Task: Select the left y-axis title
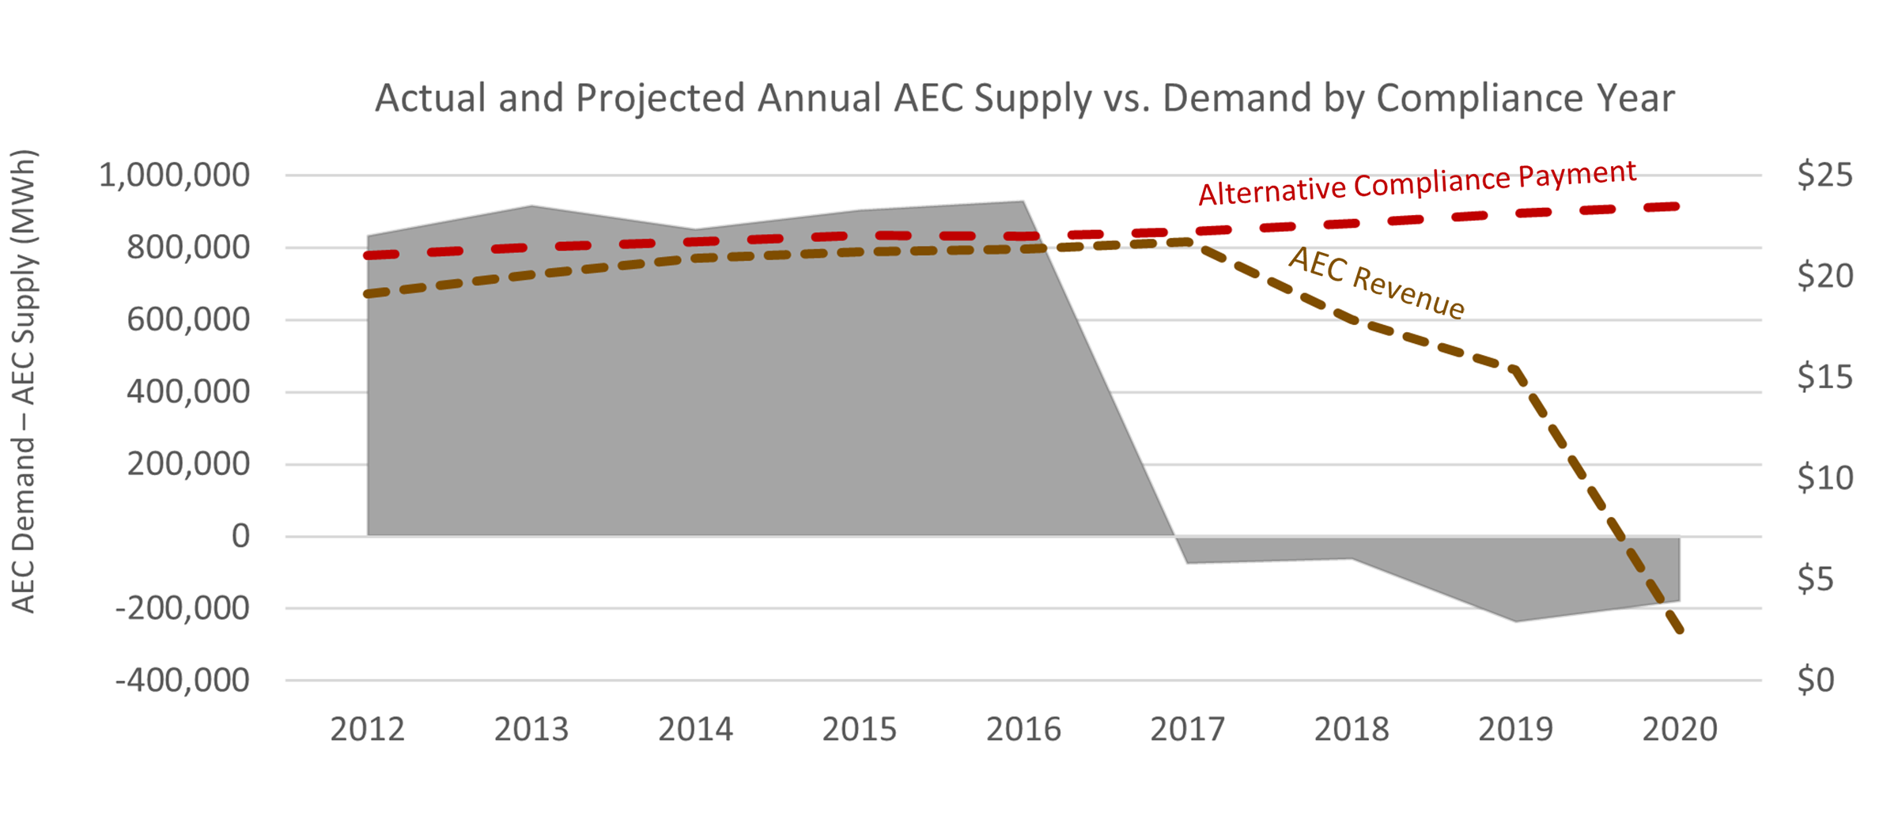click(x=24, y=381)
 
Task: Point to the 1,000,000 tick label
click(x=174, y=175)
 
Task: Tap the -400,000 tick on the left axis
click(x=183, y=680)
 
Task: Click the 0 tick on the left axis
click(x=240, y=536)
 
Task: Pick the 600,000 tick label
click(x=188, y=319)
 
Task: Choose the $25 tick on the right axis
click(x=1824, y=175)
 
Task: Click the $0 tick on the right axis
click(x=1815, y=680)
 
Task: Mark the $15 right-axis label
click(x=1824, y=377)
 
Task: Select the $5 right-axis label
click(x=1815, y=579)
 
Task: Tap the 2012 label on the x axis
click(x=367, y=729)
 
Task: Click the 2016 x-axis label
click(x=1023, y=729)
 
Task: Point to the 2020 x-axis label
click(x=1680, y=729)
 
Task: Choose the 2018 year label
click(x=1352, y=729)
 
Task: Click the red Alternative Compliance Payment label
click(x=1417, y=183)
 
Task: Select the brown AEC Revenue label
click(x=1377, y=283)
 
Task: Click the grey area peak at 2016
click(x=1023, y=202)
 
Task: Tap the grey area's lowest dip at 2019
click(x=1515, y=621)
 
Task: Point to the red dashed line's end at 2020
click(x=1677, y=206)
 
